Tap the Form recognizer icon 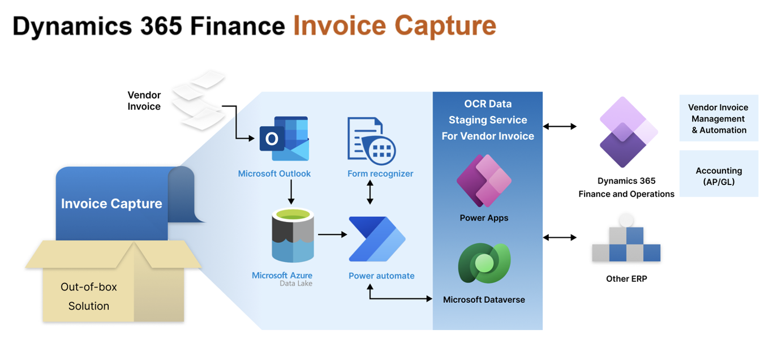(371, 140)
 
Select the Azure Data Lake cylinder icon (293, 235)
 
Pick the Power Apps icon (484, 181)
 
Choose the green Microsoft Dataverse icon (484, 263)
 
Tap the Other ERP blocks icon (626, 240)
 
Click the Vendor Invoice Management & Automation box (719, 118)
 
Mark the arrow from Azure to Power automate (332, 234)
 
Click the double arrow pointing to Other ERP (560, 238)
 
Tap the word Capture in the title (445, 25)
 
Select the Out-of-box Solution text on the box (89, 296)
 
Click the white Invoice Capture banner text (111, 204)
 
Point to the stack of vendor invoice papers (199, 99)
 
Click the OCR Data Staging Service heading (488, 120)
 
